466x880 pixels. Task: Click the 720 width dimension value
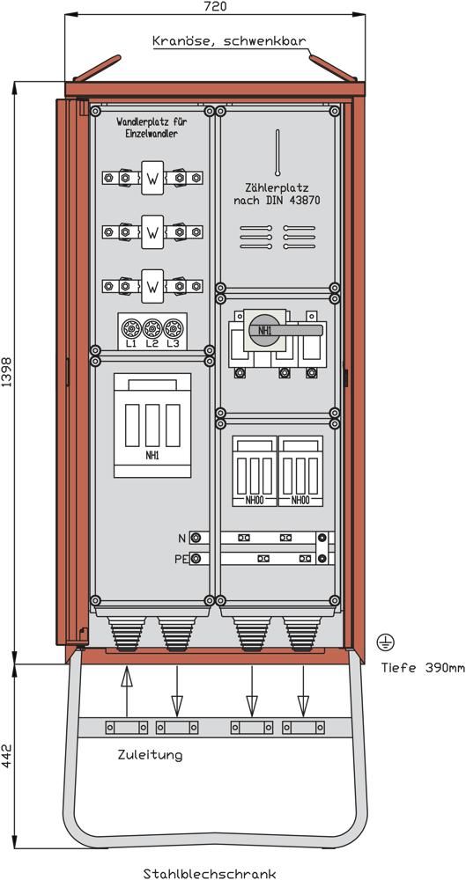[x=215, y=6]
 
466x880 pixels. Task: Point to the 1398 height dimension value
[x=6, y=372]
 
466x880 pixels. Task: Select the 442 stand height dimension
[x=6, y=757]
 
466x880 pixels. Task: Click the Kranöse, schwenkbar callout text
[x=229, y=41]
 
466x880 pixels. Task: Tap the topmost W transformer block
[x=152, y=178]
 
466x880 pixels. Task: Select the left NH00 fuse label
[x=254, y=500]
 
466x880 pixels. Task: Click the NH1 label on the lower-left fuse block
[x=152, y=456]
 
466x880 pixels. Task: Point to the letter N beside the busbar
[x=181, y=539]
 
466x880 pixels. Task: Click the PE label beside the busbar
[x=181, y=559]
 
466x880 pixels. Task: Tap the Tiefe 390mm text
[x=423, y=668]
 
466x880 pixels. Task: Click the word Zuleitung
[x=150, y=755]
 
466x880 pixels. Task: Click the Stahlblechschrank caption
[x=210, y=873]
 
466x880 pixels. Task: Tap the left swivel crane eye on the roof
[x=97, y=68]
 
